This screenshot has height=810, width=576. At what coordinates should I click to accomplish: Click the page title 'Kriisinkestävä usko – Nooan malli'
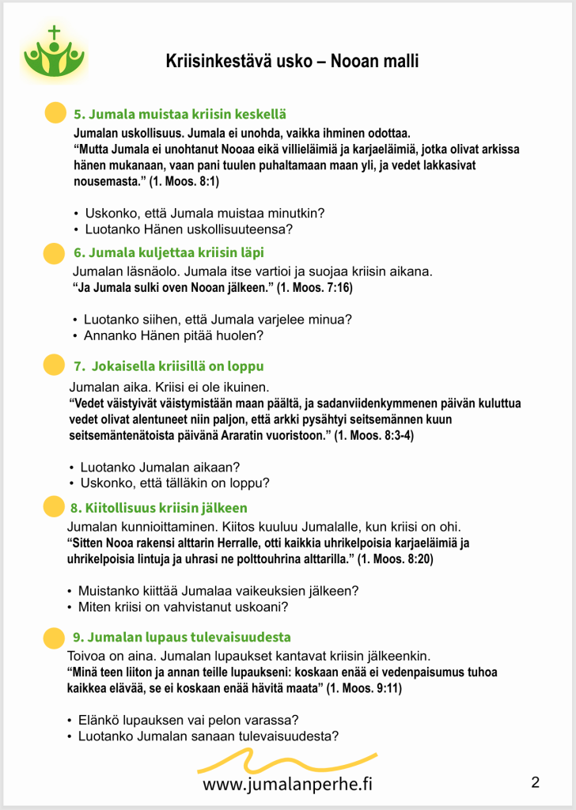(x=292, y=61)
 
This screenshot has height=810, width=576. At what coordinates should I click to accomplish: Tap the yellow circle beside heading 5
(x=54, y=113)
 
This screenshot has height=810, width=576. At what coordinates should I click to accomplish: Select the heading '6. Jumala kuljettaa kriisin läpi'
(x=169, y=253)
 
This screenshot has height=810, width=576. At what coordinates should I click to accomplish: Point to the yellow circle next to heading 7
(x=53, y=365)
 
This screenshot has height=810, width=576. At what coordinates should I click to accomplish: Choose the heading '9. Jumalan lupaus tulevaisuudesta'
(x=181, y=637)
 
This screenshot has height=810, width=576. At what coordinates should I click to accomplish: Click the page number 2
(x=536, y=783)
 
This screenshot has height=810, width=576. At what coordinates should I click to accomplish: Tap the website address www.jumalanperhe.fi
(x=287, y=784)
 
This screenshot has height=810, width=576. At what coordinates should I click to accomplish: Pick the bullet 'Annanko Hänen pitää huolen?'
(x=173, y=335)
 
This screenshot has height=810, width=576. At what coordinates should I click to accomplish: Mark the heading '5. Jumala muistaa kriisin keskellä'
(x=180, y=115)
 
